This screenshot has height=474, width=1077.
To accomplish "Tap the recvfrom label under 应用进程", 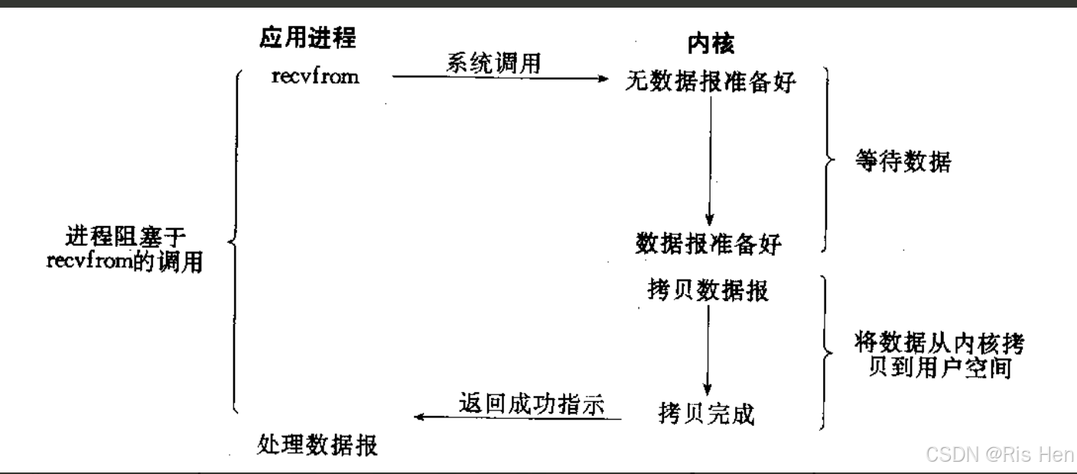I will point(314,77).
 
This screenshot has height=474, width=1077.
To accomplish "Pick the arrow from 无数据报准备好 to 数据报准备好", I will point(711,161).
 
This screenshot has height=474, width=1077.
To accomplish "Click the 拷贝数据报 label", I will point(708,291).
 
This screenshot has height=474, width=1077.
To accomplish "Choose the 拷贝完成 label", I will point(706,414).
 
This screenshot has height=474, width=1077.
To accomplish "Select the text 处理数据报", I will point(317,444).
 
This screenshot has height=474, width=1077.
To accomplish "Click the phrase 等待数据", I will point(903,162).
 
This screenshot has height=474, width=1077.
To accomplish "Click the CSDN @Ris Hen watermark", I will point(999,454).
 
